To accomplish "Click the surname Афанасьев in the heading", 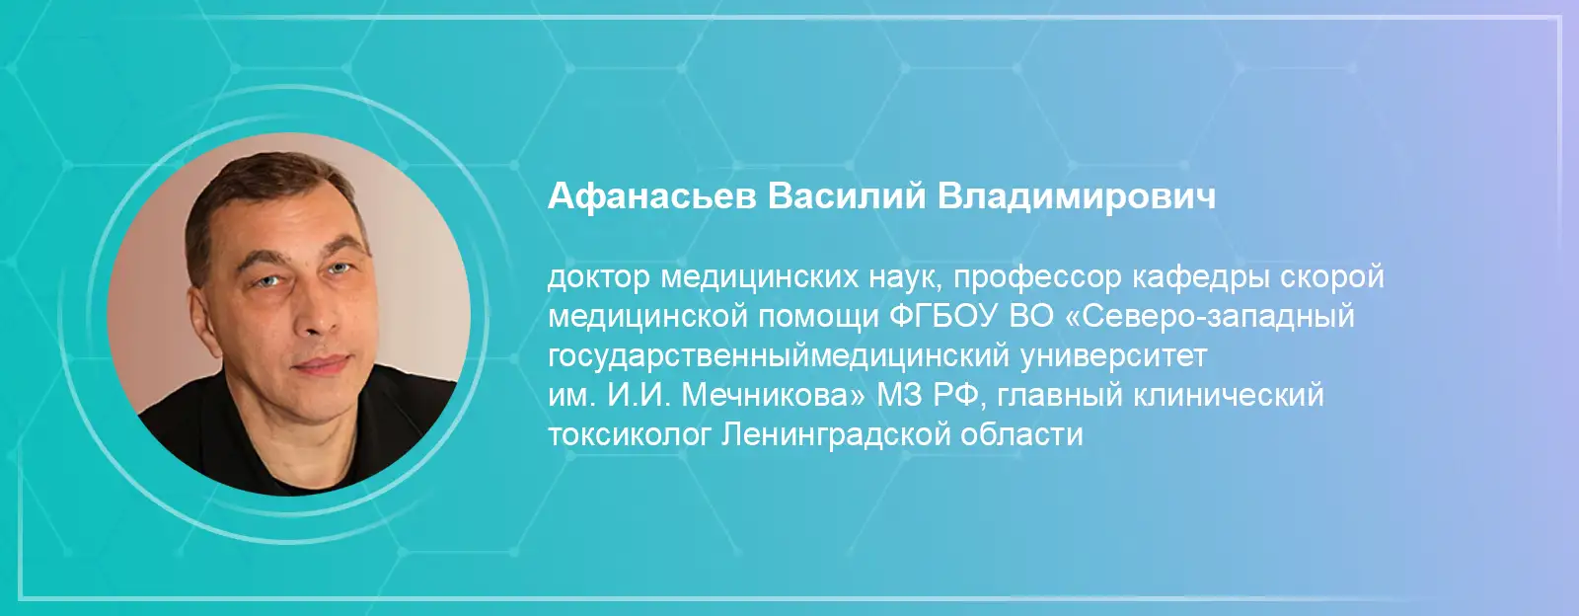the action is [652, 196].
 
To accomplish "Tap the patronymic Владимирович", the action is [1077, 196].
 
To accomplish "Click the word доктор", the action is [598, 278].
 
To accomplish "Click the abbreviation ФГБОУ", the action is [943, 317].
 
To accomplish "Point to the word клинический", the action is [1229, 396].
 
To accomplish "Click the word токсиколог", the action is [629, 435].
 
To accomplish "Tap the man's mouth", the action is [321, 364].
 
